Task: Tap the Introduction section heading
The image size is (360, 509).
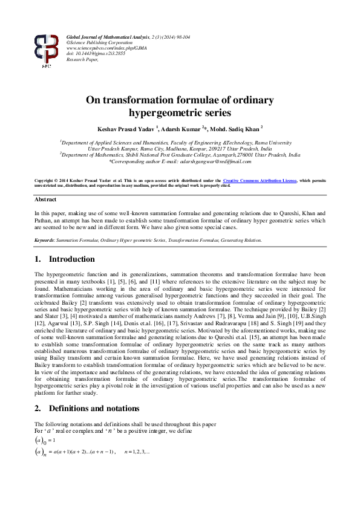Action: [x=71, y=259]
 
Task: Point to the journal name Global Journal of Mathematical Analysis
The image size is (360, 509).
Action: [x=106, y=37]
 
